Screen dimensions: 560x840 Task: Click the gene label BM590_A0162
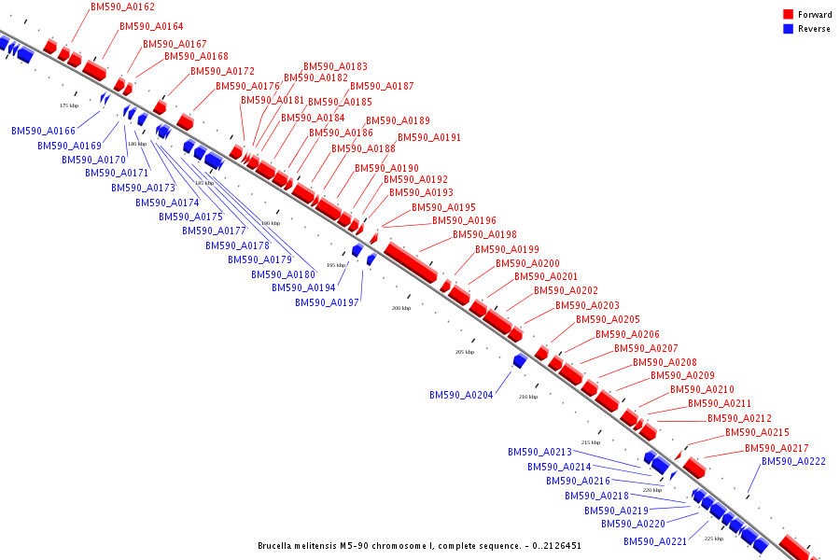point(123,7)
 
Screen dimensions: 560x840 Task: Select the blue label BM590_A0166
point(44,131)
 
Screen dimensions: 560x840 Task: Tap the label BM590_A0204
point(462,395)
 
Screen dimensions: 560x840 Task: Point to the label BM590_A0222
point(793,461)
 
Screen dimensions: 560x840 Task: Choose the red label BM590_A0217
point(777,448)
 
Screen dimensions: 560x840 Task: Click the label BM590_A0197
point(327,302)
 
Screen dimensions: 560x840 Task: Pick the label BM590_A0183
point(335,66)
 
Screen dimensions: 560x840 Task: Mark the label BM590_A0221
point(655,541)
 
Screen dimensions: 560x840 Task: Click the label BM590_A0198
point(484,234)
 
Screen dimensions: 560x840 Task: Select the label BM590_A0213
point(539,452)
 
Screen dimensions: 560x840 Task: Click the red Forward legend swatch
point(788,15)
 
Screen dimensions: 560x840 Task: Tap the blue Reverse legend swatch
point(788,29)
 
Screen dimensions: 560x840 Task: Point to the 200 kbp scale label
point(400,308)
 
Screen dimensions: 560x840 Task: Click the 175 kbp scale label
point(69,105)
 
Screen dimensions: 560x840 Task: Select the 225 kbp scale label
point(713,539)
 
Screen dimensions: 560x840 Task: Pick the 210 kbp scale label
point(527,397)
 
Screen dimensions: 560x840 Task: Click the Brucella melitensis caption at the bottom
point(419,545)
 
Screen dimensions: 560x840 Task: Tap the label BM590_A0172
point(222,71)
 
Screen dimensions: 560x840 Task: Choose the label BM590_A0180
point(283,274)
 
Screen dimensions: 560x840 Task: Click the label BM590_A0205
point(608,319)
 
